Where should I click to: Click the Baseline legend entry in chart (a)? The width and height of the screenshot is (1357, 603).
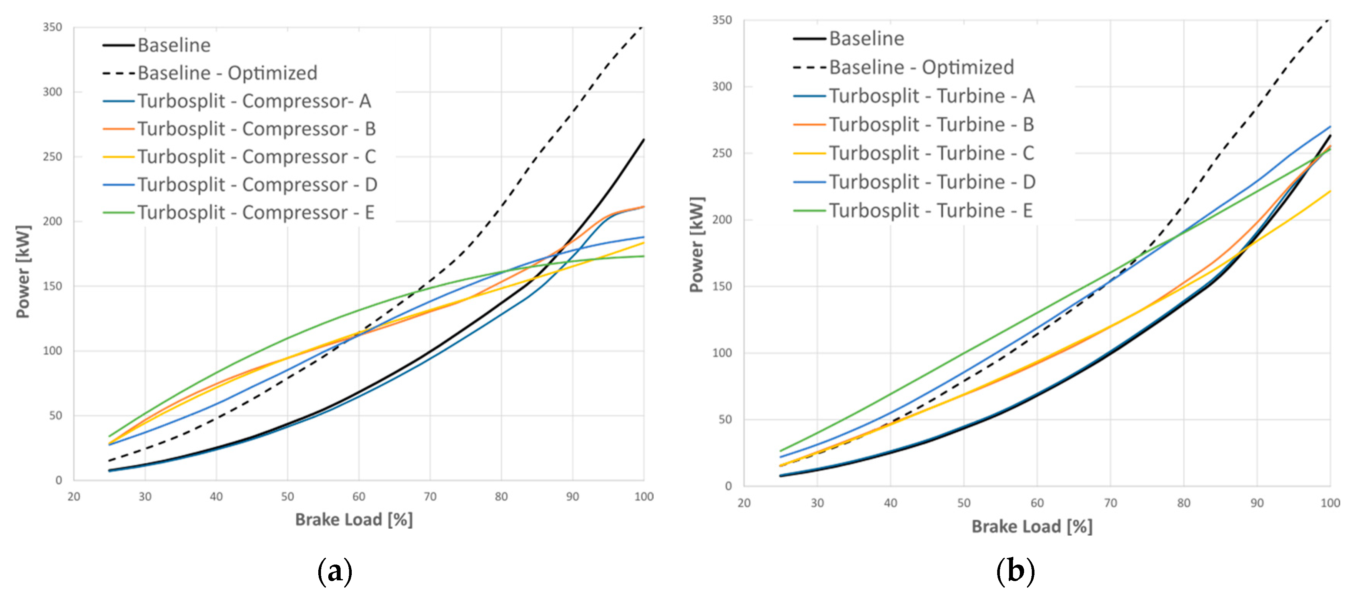point(174,45)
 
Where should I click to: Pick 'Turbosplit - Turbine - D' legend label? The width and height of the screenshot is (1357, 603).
point(932,182)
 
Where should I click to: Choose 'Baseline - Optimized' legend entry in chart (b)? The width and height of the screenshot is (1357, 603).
point(921,67)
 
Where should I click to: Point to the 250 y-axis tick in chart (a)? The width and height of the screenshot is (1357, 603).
point(52,157)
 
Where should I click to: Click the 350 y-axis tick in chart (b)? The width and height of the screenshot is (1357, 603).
point(721,20)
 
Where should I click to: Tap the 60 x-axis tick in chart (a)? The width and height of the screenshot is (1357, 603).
point(359,496)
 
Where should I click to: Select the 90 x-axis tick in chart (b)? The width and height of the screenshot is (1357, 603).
point(1257,503)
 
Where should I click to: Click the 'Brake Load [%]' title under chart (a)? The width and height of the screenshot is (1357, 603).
point(353,520)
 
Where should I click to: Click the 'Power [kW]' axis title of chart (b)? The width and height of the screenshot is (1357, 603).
point(697,244)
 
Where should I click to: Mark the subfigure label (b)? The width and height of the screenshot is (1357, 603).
point(1015,571)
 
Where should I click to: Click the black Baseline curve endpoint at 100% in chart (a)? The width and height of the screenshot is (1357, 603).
point(643,140)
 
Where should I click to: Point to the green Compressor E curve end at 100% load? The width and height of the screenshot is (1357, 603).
point(643,256)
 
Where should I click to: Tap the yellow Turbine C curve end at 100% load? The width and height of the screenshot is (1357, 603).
point(1330,192)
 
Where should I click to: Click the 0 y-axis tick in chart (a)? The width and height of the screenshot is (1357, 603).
point(58,480)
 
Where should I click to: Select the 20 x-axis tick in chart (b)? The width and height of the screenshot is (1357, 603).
point(744,503)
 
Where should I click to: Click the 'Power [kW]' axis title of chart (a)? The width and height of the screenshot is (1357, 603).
point(23,272)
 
